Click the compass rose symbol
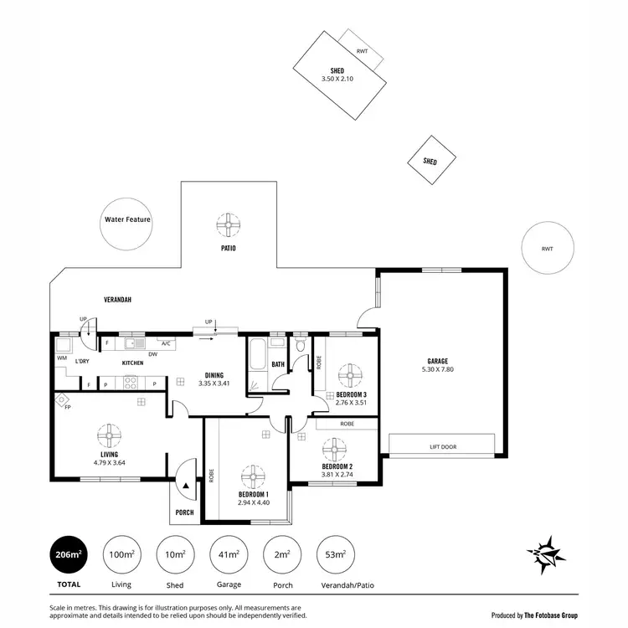pos(547,553)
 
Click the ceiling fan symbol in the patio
pos(229,224)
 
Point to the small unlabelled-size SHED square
pos(430,162)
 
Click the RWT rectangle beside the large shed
pos(361,51)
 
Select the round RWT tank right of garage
pos(548,249)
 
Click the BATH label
pos(278,364)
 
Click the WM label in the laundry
pos(62,358)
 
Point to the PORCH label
pos(184,512)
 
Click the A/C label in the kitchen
pos(166,343)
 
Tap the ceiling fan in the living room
pos(109,435)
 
